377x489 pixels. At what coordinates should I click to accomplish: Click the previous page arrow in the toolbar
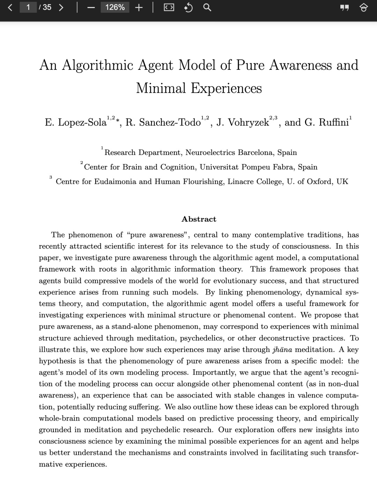click(x=10, y=7)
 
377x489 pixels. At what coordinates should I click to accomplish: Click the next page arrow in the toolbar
click(x=61, y=7)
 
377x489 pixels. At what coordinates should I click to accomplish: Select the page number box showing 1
click(x=28, y=7)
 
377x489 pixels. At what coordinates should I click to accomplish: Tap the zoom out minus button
click(x=91, y=8)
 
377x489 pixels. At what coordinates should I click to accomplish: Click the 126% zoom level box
click(x=115, y=7)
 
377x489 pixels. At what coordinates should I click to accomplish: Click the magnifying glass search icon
click(x=207, y=7)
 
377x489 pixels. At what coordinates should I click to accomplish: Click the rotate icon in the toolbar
click(x=188, y=7)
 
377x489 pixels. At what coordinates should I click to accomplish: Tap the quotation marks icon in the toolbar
click(x=345, y=8)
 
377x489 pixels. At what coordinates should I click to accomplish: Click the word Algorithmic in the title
click(x=97, y=65)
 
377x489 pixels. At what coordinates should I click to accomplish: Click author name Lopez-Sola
click(x=82, y=122)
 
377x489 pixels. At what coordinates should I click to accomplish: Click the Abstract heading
click(x=199, y=219)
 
